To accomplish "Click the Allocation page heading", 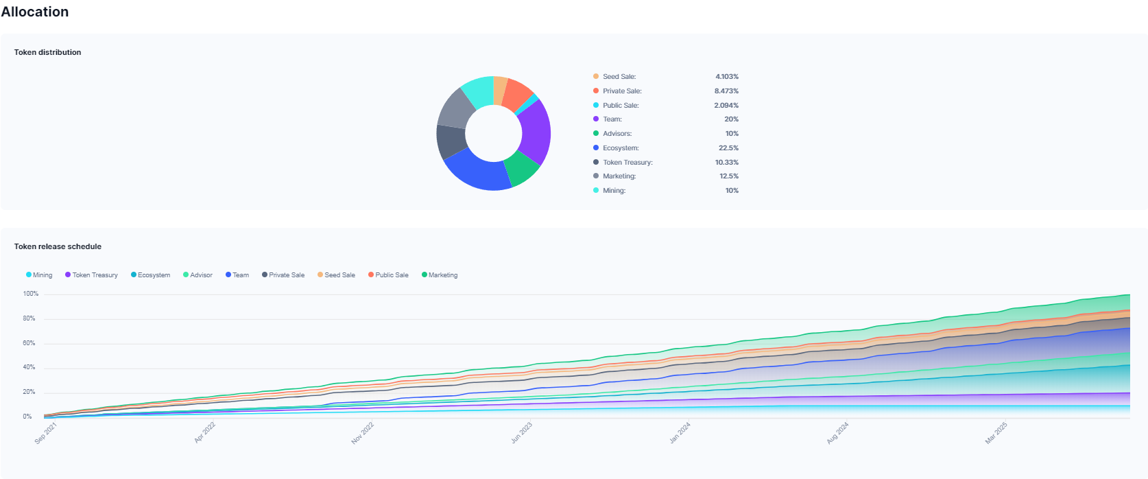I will [x=35, y=12].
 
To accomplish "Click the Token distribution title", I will [x=47, y=52].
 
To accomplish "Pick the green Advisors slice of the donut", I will [x=522, y=168].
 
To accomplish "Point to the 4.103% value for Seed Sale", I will [x=726, y=77].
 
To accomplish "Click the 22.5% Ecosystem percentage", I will [x=728, y=148].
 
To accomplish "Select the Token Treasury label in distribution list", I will [x=627, y=163].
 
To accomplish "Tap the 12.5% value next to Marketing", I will [x=728, y=176].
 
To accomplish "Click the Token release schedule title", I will [x=58, y=246].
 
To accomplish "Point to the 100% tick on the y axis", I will [x=30, y=294].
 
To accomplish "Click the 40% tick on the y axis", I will [x=29, y=368].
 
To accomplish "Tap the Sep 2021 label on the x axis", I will [x=46, y=433].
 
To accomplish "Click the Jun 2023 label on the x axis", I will [x=522, y=433].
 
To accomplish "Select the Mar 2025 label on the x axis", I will [x=996, y=433].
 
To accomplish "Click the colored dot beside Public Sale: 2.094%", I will [x=596, y=105].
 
